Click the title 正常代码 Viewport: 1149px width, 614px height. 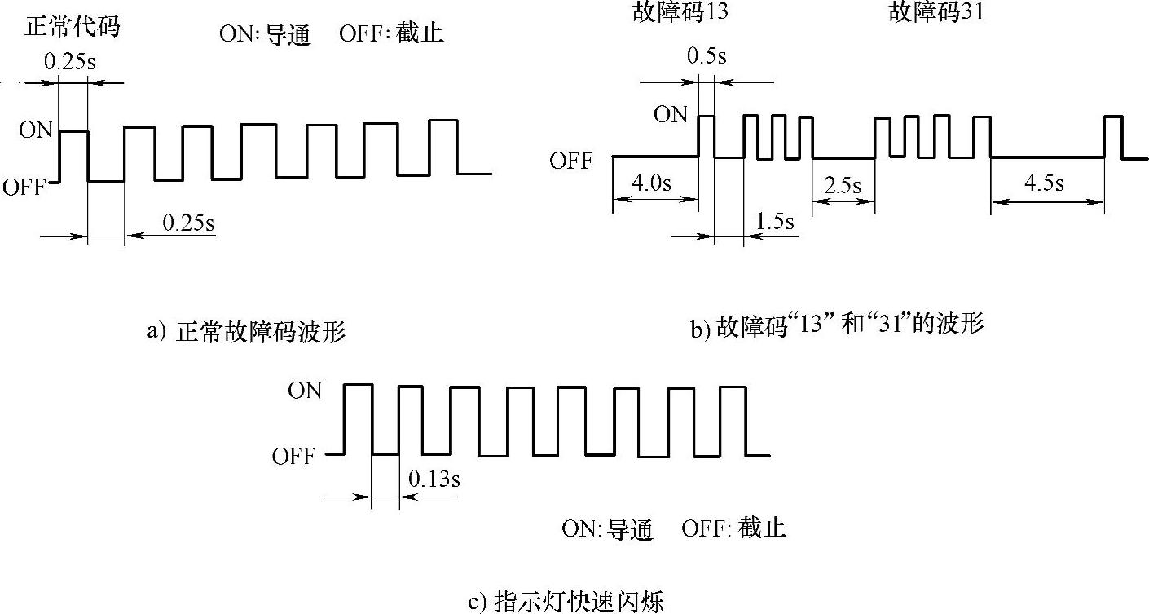73,26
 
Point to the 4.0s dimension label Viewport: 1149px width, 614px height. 652,183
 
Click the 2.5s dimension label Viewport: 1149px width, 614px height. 843,185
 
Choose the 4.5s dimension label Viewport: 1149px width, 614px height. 1044,183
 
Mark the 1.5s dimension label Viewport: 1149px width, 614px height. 775,221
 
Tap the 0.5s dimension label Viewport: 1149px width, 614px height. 707,57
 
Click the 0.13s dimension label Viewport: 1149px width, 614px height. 434,479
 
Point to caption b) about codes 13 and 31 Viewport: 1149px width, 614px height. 838,325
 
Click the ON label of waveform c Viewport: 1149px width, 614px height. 305,391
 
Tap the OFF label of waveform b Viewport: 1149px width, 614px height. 570,161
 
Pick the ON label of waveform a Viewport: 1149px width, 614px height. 35,130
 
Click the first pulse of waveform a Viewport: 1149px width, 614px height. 73,155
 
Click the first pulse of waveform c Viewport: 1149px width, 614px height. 359,418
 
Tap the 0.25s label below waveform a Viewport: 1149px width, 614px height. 188,223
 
